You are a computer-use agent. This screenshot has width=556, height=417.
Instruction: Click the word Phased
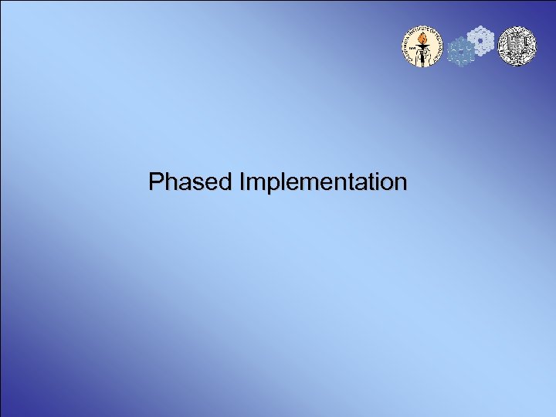coord(192,182)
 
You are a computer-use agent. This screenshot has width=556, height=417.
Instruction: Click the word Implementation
coord(324,182)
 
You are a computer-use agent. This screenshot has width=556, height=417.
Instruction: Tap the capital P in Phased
coord(157,182)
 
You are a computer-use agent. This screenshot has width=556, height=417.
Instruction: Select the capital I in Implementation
coord(244,182)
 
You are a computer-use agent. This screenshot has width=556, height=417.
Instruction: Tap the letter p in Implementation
coord(267,185)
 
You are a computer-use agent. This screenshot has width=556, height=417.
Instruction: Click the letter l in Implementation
coord(276,182)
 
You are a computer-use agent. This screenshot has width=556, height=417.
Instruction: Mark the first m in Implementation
coord(255,184)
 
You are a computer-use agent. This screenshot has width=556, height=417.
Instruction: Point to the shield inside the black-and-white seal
coord(515,46)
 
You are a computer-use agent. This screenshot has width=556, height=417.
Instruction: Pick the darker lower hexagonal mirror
coord(461,53)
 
